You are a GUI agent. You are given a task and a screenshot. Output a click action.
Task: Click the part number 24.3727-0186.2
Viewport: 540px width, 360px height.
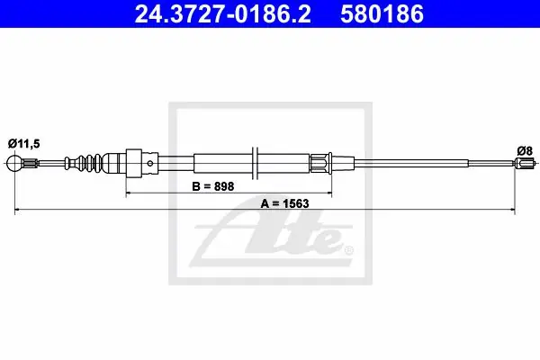[222, 14]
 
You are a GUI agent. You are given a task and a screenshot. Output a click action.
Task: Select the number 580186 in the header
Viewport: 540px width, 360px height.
[382, 14]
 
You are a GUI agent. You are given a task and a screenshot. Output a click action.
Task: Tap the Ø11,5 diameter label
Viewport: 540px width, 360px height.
[23, 143]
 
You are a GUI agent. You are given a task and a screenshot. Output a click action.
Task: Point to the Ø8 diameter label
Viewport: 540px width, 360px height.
[525, 150]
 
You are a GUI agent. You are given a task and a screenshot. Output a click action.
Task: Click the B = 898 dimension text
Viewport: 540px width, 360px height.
[212, 186]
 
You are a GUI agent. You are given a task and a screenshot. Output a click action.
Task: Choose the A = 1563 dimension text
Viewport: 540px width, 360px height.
[284, 203]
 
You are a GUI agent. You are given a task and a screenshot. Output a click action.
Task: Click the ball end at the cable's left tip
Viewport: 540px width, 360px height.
[14, 163]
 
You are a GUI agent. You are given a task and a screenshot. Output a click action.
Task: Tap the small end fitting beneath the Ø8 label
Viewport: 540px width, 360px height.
[525, 163]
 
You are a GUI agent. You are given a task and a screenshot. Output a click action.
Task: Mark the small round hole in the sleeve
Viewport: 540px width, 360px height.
[149, 163]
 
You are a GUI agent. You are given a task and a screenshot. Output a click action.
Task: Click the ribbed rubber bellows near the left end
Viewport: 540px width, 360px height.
[84, 163]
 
